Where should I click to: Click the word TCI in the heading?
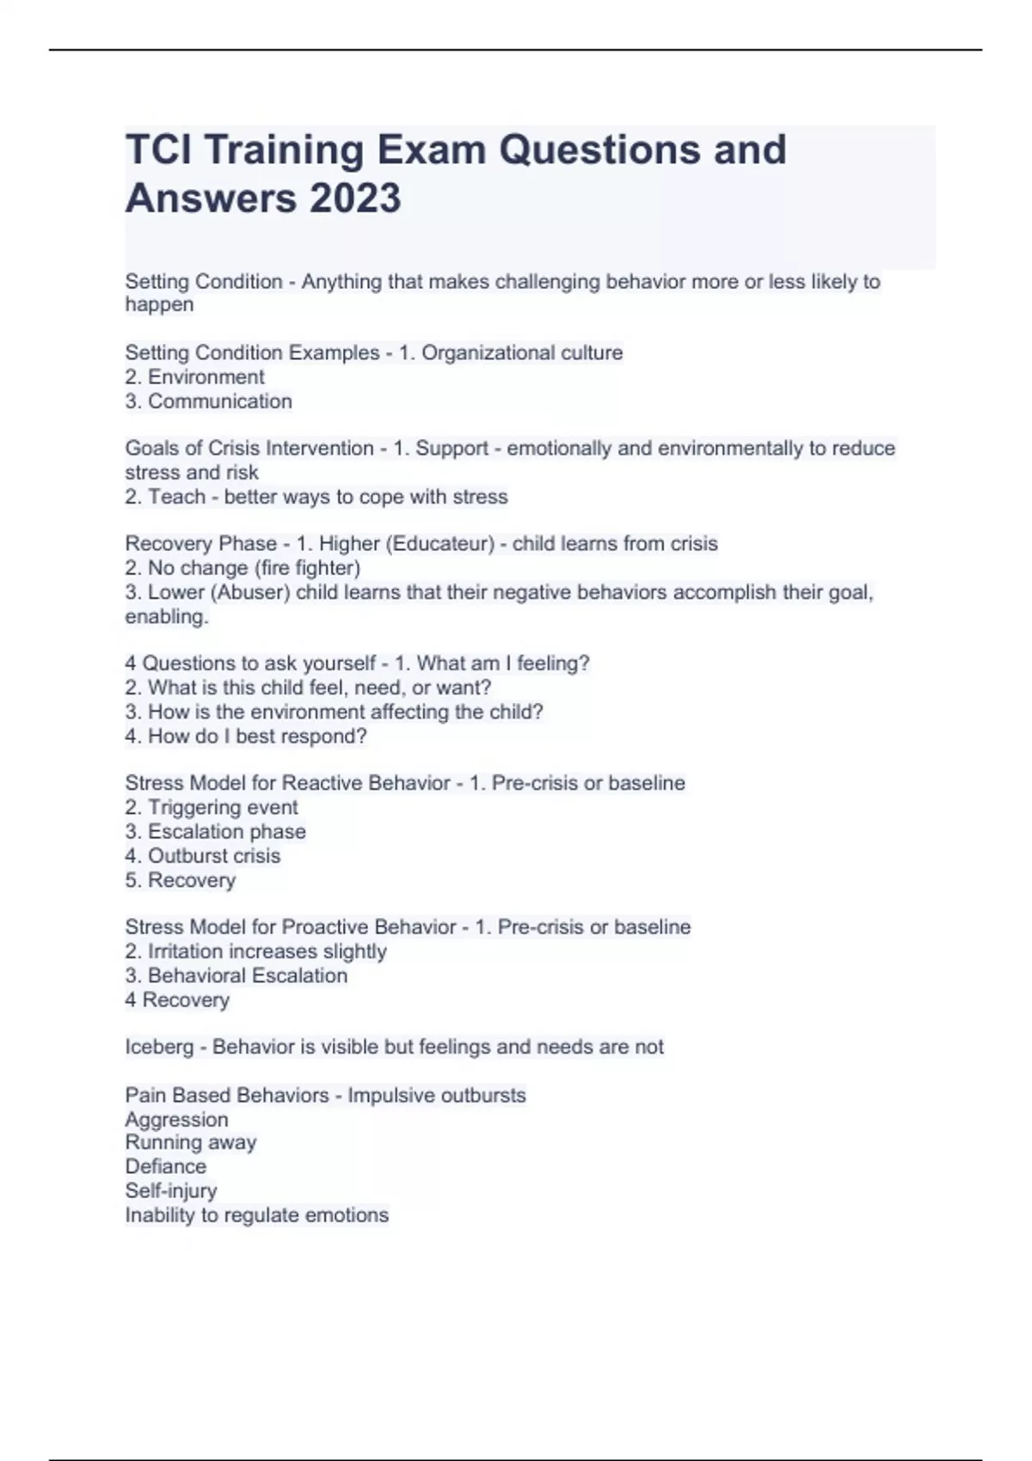[x=159, y=150]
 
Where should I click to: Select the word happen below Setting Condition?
[x=159, y=304]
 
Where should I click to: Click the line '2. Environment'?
[x=194, y=376]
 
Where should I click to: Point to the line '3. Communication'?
[x=208, y=400]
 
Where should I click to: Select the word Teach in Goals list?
[x=176, y=496]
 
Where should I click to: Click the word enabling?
[x=166, y=616]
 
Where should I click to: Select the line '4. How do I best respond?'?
[x=246, y=736]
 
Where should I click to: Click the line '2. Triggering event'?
[x=212, y=807]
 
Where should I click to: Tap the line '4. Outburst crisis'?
[x=203, y=855]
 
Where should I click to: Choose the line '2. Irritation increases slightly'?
[x=255, y=951]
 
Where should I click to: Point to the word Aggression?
[x=176, y=1119]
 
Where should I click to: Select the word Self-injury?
[x=170, y=1190]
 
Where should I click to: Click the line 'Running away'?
[x=190, y=1142]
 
